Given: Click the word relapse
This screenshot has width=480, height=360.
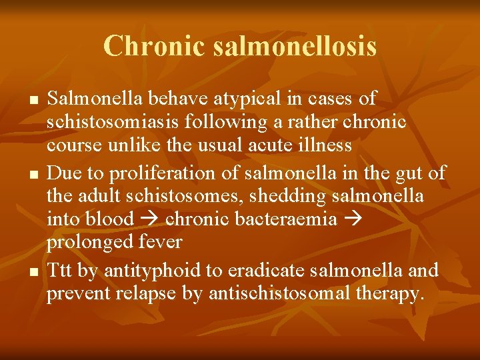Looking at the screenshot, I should [154, 293].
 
